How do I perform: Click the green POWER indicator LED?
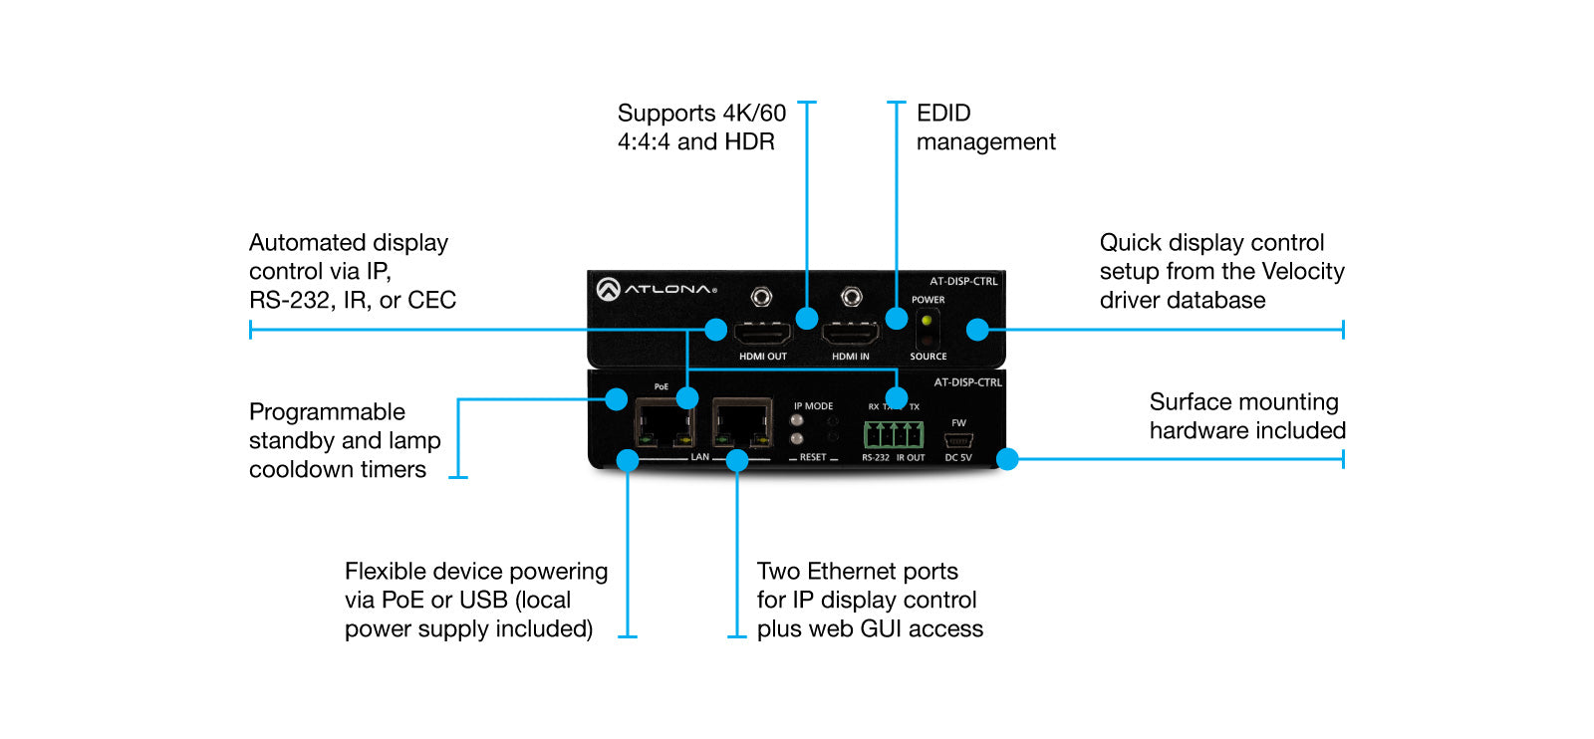(927, 321)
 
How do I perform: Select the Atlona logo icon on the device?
(608, 290)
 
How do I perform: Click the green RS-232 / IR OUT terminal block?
(894, 435)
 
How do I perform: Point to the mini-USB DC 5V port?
(958, 441)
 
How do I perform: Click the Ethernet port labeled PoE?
(664, 426)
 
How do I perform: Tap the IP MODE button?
(797, 420)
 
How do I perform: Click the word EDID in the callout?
(943, 114)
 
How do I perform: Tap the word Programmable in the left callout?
(327, 412)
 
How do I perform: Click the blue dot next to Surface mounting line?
(1007, 459)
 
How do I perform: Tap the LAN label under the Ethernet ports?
(700, 457)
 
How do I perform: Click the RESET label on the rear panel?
(813, 457)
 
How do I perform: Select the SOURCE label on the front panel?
(928, 357)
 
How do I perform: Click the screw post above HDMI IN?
(851, 297)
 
